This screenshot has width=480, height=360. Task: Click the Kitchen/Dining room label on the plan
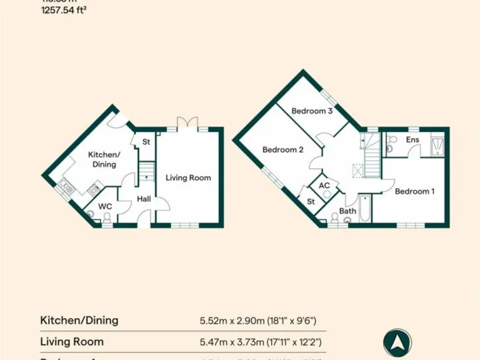pos(104,159)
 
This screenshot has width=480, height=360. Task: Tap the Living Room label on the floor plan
pos(188,177)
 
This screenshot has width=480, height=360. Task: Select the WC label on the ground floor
pos(105,205)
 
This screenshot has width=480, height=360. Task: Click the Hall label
pos(143,199)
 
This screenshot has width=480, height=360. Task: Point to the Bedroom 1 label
pos(414,191)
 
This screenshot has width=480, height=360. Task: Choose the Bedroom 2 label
pos(282,150)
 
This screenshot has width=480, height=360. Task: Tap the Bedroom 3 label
pos(312,111)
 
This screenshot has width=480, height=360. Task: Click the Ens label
pos(412,139)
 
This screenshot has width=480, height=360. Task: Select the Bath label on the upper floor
pos(347,211)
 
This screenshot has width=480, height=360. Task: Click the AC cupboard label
pos(324,186)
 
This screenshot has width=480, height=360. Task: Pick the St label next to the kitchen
pos(146,142)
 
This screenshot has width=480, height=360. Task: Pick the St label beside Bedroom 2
pos(311,201)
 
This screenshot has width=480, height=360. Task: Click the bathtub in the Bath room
pos(365,209)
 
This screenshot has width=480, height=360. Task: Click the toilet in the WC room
pos(107,217)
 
